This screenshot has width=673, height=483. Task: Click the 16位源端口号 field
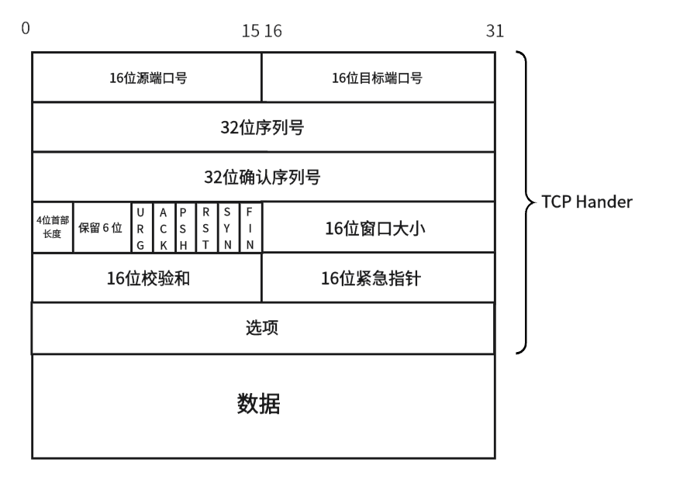click(x=147, y=78)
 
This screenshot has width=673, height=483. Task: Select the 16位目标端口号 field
click(x=378, y=78)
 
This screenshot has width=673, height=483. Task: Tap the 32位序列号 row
click(x=263, y=127)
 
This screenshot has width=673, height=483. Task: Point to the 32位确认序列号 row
click(x=263, y=177)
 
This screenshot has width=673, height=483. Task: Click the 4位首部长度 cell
click(x=52, y=227)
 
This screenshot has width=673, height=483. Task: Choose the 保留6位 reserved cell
click(x=101, y=227)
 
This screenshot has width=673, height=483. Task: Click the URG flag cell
click(x=140, y=227)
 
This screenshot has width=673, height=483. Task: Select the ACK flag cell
click(x=162, y=227)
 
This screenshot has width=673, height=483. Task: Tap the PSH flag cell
click(x=183, y=227)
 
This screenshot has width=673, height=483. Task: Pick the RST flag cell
click(x=205, y=227)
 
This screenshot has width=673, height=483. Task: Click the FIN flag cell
click(x=250, y=227)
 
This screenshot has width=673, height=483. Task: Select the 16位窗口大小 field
click(x=378, y=227)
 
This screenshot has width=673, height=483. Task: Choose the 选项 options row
click(x=263, y=327)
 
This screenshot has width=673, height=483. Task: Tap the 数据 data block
click(x=263, y=405)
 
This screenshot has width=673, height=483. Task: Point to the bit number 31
click(x=495, y=30)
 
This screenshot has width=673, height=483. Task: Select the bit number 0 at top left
click(x=26, y=29)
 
